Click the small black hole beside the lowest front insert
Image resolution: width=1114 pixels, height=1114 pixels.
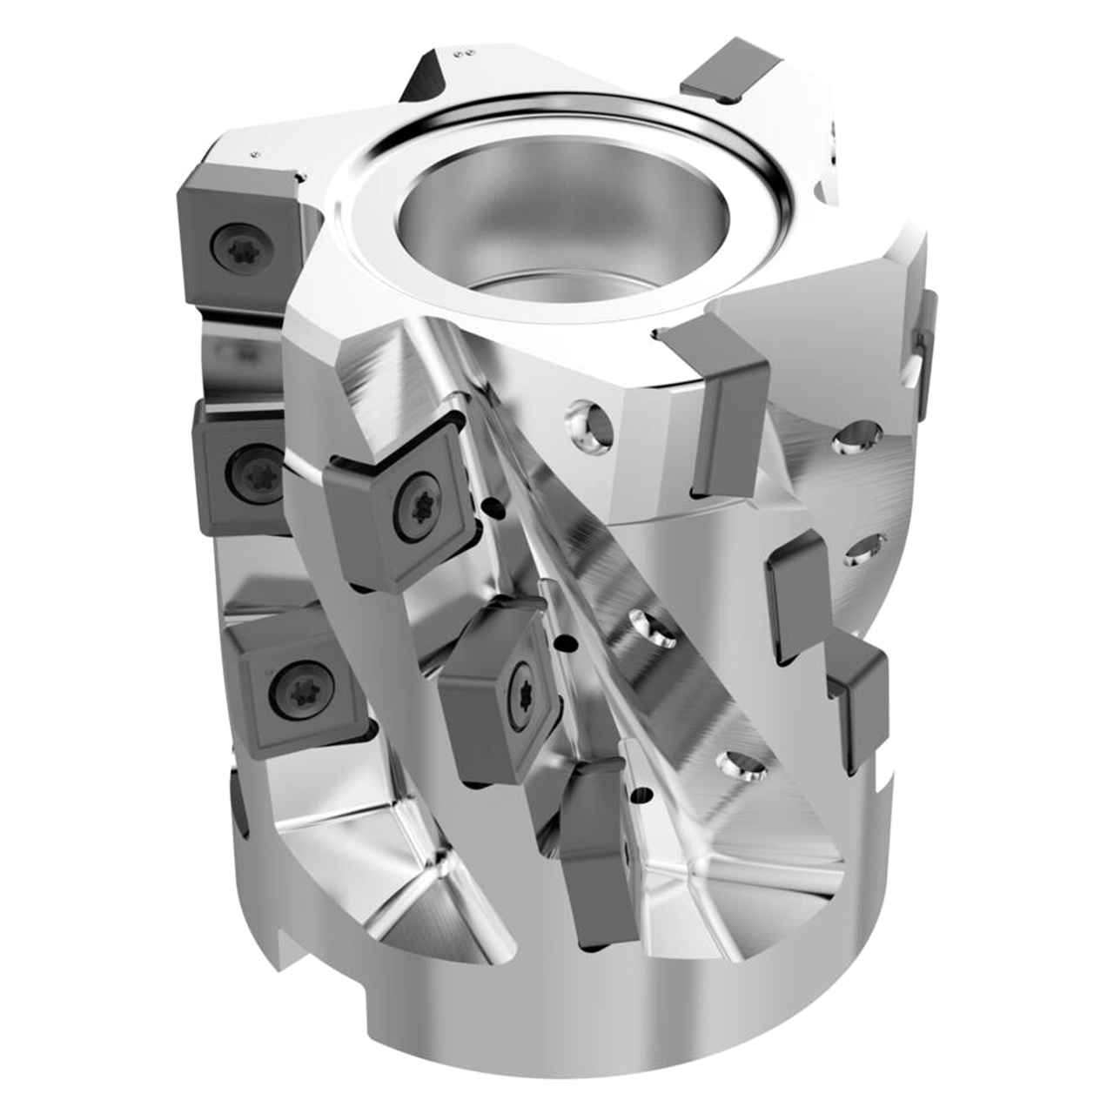[643, 793]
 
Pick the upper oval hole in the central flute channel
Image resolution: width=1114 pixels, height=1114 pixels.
[651, 627]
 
